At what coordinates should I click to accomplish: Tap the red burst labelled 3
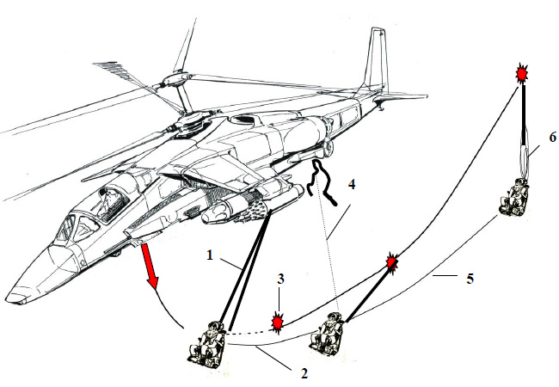pyautogui.click(x=278, y=323)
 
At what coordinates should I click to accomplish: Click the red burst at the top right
pyautogui.click(x=521, y=75)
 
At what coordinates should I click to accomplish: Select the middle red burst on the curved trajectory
pyautogui.click(x=392, y=261)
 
